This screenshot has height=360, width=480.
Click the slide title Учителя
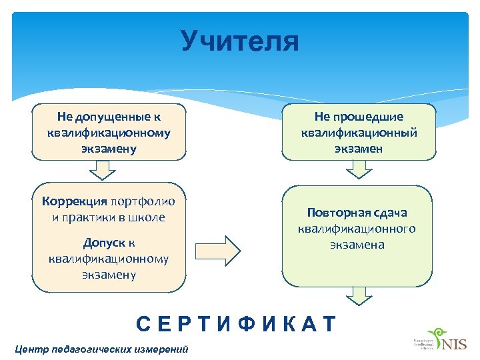point(240,41)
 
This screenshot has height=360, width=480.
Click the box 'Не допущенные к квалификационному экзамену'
point(109,132)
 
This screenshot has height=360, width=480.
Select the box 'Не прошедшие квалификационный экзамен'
point(359,132)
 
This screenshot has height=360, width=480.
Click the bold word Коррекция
point(74,201)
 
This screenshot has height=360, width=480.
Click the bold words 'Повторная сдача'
point(357,213)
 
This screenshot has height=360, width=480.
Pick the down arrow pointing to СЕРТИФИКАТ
point(359,295)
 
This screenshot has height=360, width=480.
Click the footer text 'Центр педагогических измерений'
point(101,349)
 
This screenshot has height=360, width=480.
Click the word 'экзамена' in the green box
point(357,245)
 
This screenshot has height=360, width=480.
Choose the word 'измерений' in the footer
point(164,349)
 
